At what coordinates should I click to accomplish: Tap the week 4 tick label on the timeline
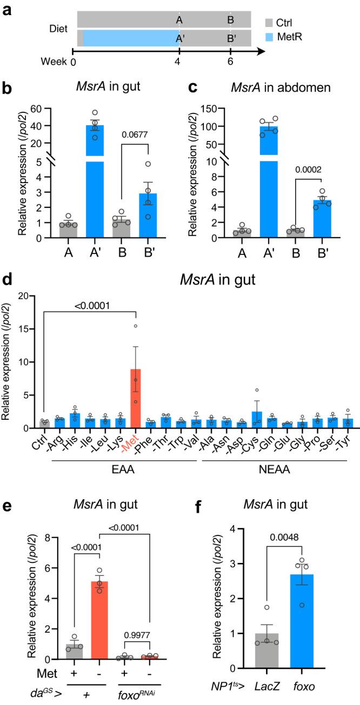(179, 62)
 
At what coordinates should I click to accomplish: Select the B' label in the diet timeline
(231, 39)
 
